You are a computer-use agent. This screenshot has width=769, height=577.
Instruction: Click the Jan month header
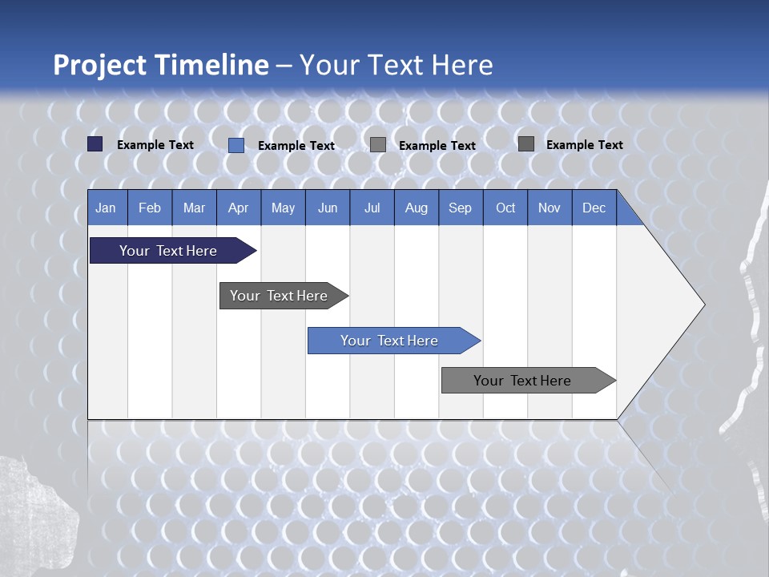pos(106,208)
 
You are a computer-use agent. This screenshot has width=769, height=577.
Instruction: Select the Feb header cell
pos(150,208)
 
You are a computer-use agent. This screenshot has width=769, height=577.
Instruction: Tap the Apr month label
pos(238,208)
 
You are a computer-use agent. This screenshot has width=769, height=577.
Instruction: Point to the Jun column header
pos(328,208)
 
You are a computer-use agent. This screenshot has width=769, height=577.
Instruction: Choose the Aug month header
pos(416,208)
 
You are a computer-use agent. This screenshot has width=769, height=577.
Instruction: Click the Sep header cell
pos(460,208)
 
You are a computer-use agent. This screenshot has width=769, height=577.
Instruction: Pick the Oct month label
pos(505,208)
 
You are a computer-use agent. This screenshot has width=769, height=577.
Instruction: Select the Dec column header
pos(594,208)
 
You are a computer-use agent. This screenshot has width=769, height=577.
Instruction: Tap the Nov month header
pos(550,208)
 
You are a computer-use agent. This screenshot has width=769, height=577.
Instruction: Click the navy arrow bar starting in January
pos(168,251)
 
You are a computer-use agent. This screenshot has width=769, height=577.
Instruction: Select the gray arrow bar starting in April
pos(279,296)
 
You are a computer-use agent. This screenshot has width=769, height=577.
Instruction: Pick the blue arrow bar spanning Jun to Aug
pos(389,341)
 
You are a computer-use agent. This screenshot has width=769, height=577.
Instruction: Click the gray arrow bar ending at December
pos(522,381)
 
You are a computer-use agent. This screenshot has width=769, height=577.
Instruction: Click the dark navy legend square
pos(95,144)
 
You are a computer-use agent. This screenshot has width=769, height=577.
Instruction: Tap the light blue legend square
pos(236,145)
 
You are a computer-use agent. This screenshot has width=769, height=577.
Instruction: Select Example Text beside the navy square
pos(155,145)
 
